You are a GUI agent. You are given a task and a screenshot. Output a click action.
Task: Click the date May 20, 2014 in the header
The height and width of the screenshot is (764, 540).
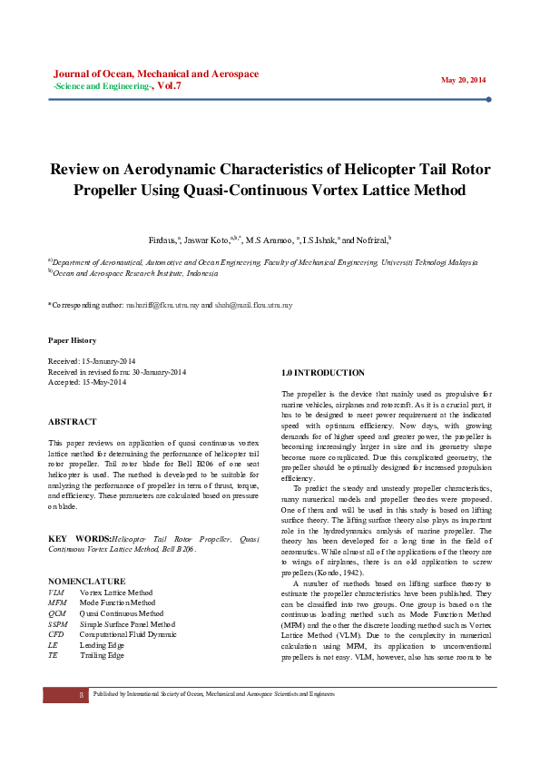pos(464,80)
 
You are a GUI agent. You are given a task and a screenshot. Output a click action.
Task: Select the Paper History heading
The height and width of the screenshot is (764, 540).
pos(72,340)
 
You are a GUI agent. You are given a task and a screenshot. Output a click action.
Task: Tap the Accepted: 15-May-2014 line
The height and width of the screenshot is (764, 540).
pos(87,382)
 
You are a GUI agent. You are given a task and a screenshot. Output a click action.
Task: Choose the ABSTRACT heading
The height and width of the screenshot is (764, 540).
pos(73,422)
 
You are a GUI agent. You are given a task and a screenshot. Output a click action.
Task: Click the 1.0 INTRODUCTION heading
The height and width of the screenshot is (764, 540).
pos(323,373)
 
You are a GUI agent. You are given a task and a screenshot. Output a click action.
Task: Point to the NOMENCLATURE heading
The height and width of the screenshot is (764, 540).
pos(86,555)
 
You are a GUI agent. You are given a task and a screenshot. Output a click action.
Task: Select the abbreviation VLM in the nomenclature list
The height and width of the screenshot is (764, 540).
pos(56,567)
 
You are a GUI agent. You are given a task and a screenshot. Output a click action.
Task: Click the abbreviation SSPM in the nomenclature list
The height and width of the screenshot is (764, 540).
pos(58,599)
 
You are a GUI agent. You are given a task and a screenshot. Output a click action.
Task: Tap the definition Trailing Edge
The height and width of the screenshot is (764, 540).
pos(102,631)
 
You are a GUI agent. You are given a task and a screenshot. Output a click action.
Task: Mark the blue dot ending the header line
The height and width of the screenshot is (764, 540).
pos(489,100)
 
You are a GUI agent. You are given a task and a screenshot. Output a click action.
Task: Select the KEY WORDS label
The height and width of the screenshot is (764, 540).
pos(77,539)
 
